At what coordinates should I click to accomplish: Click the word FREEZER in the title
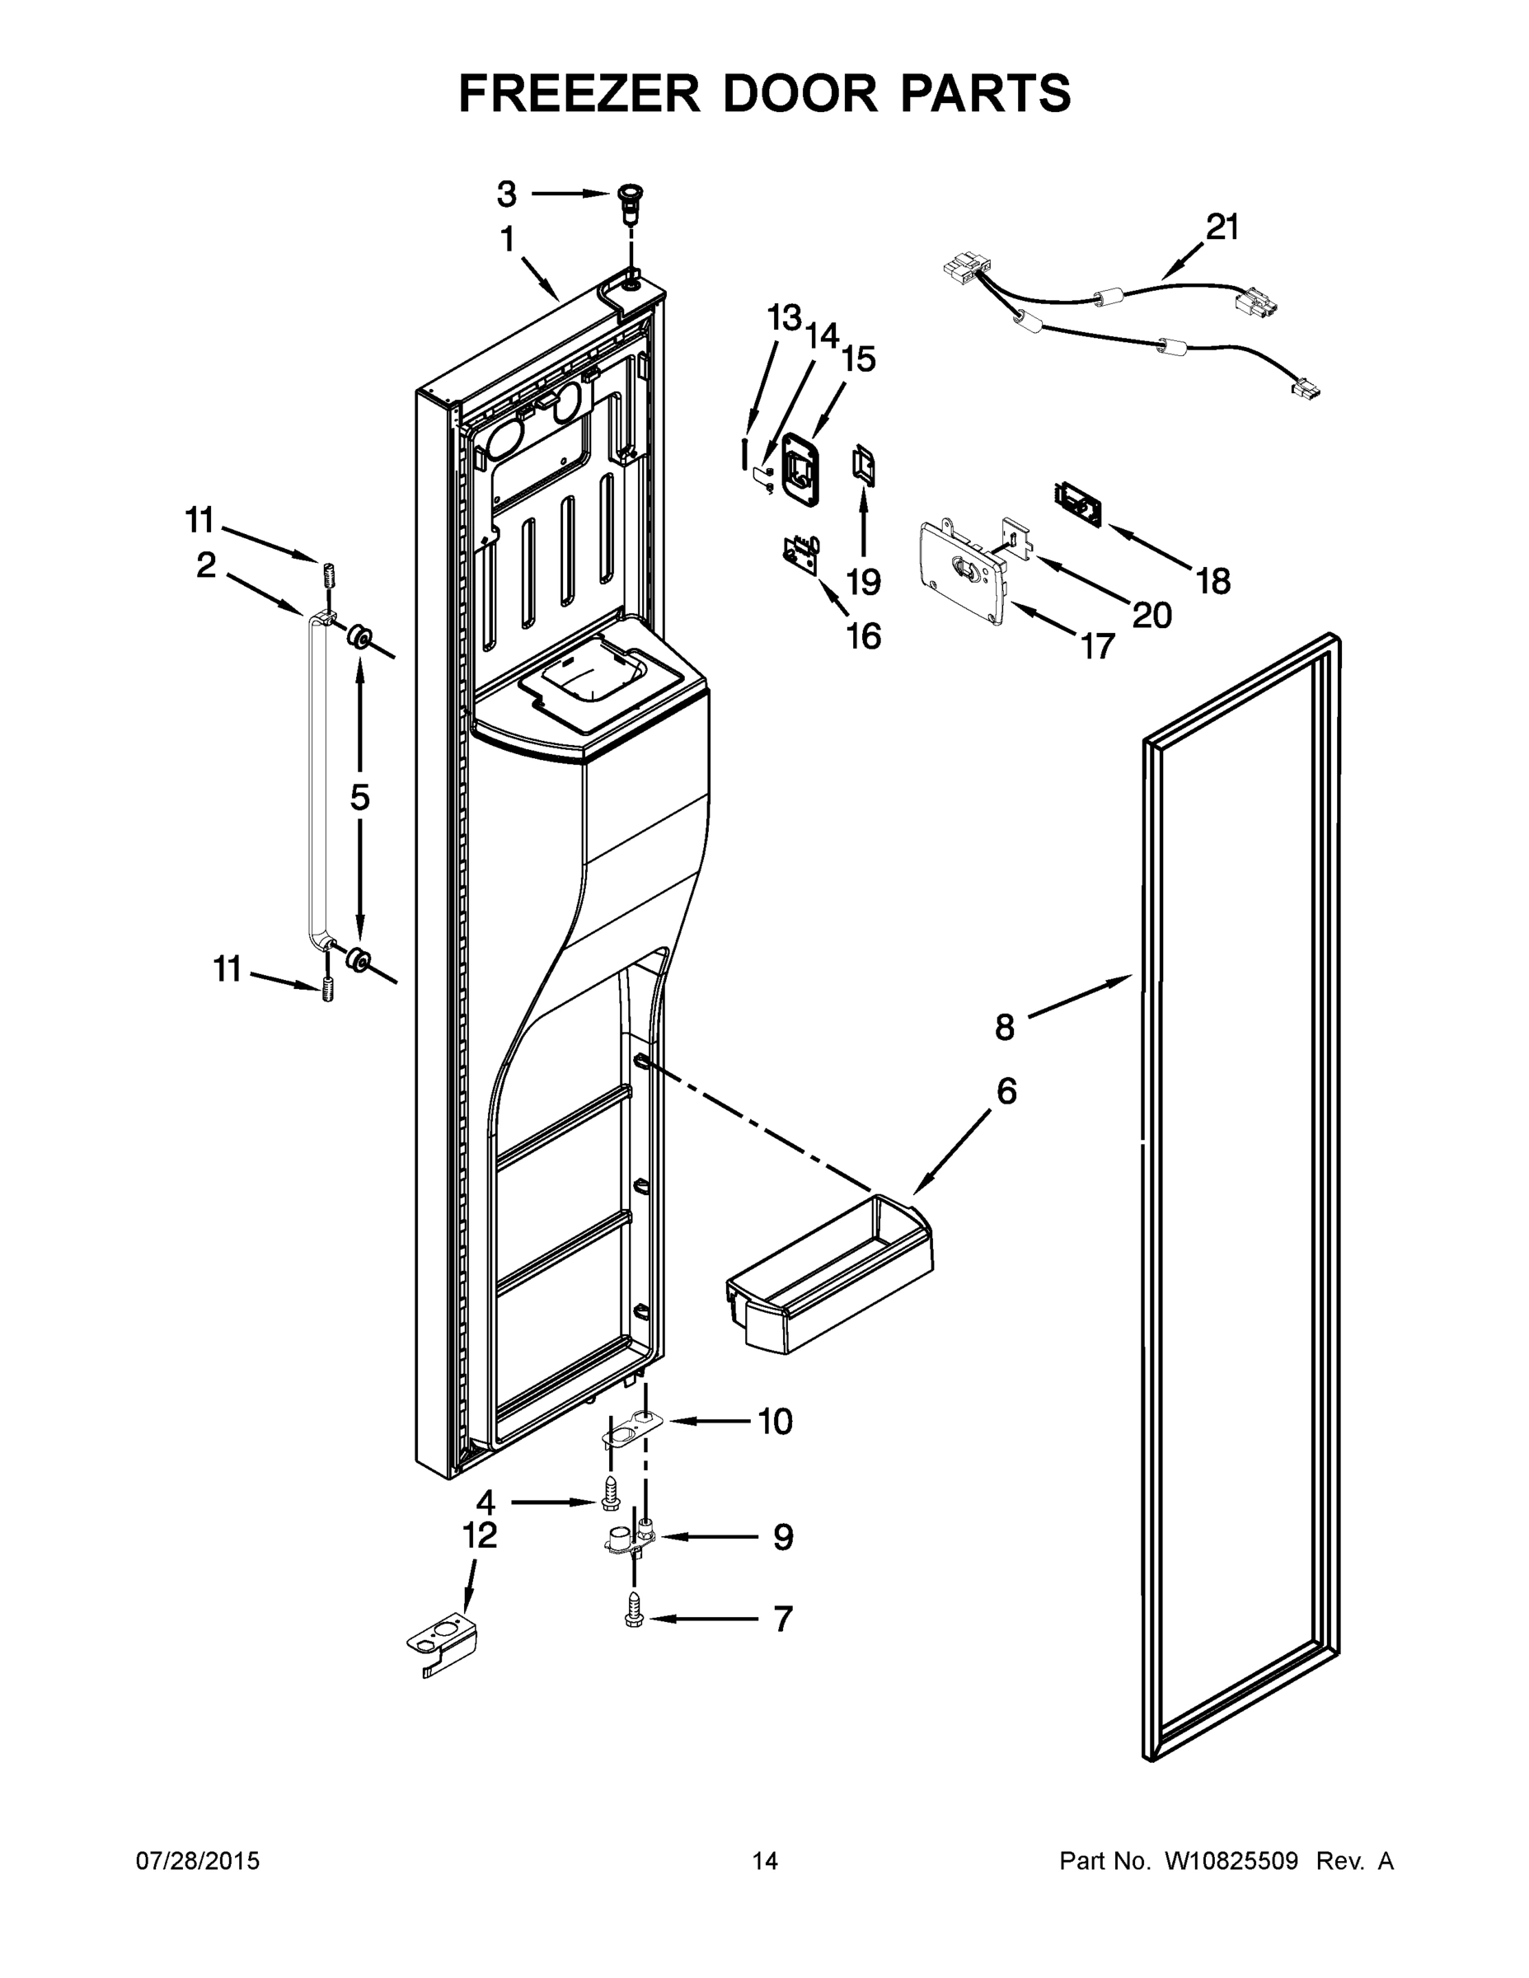(579, 93)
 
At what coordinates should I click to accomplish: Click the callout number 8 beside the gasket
(1004, 1027)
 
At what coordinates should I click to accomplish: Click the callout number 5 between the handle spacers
(359, 797)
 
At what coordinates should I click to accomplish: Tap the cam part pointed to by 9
(632, 1539)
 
